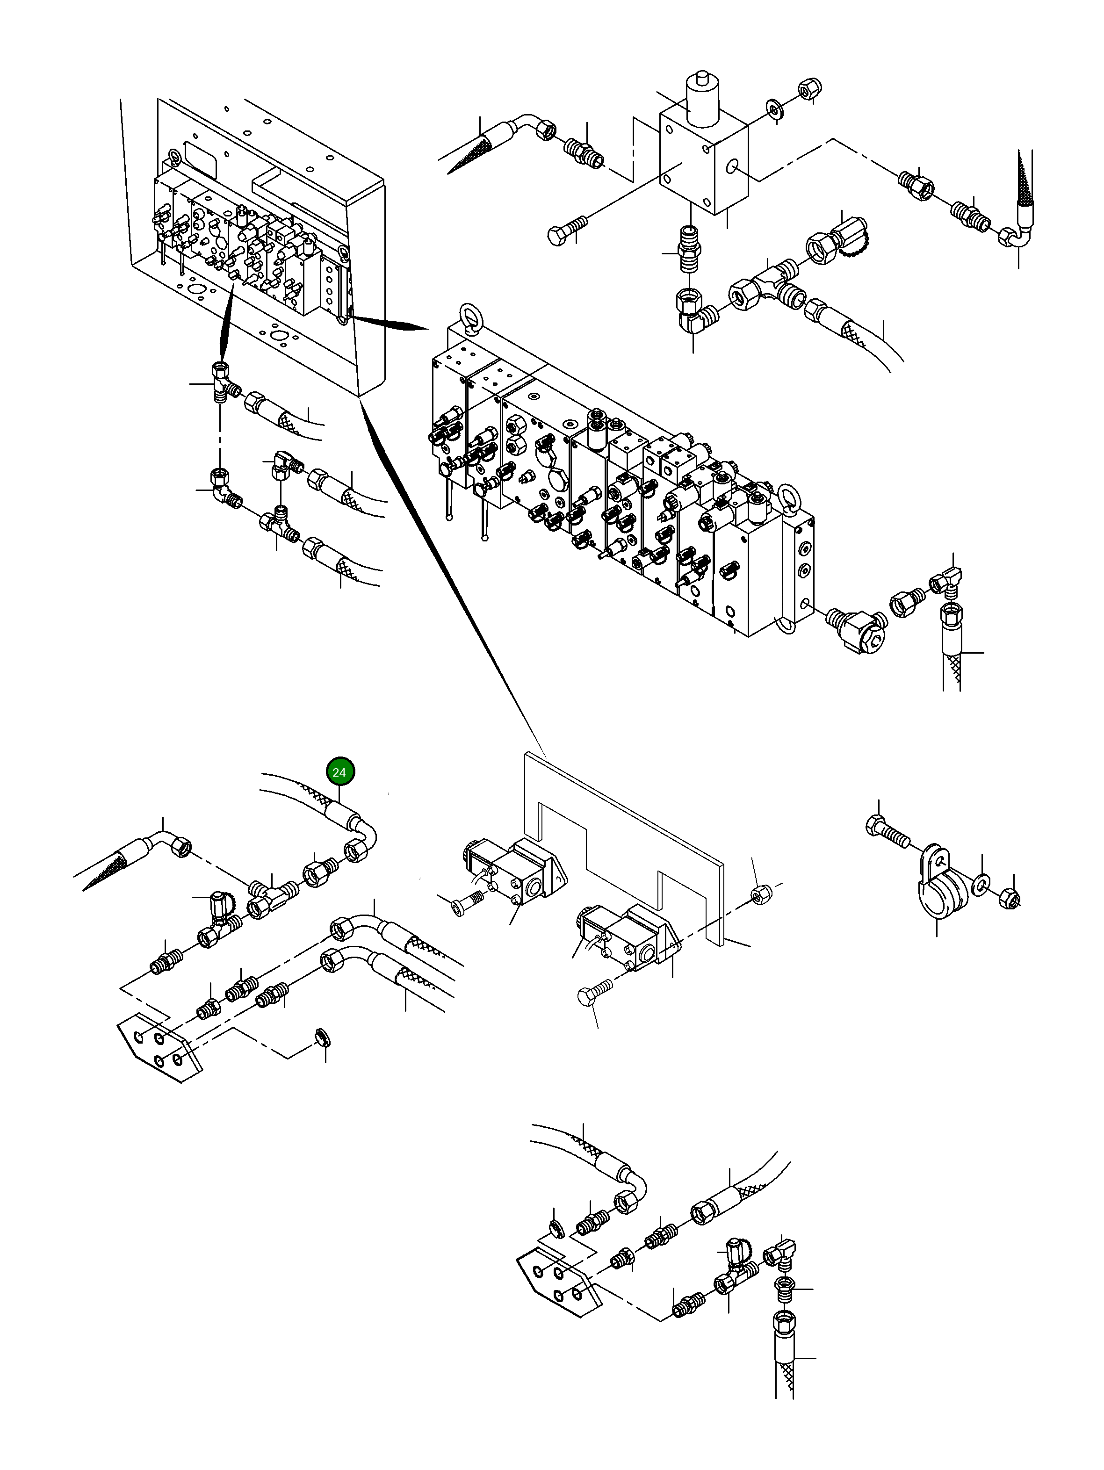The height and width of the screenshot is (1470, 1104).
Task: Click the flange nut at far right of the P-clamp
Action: point(1010,899)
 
